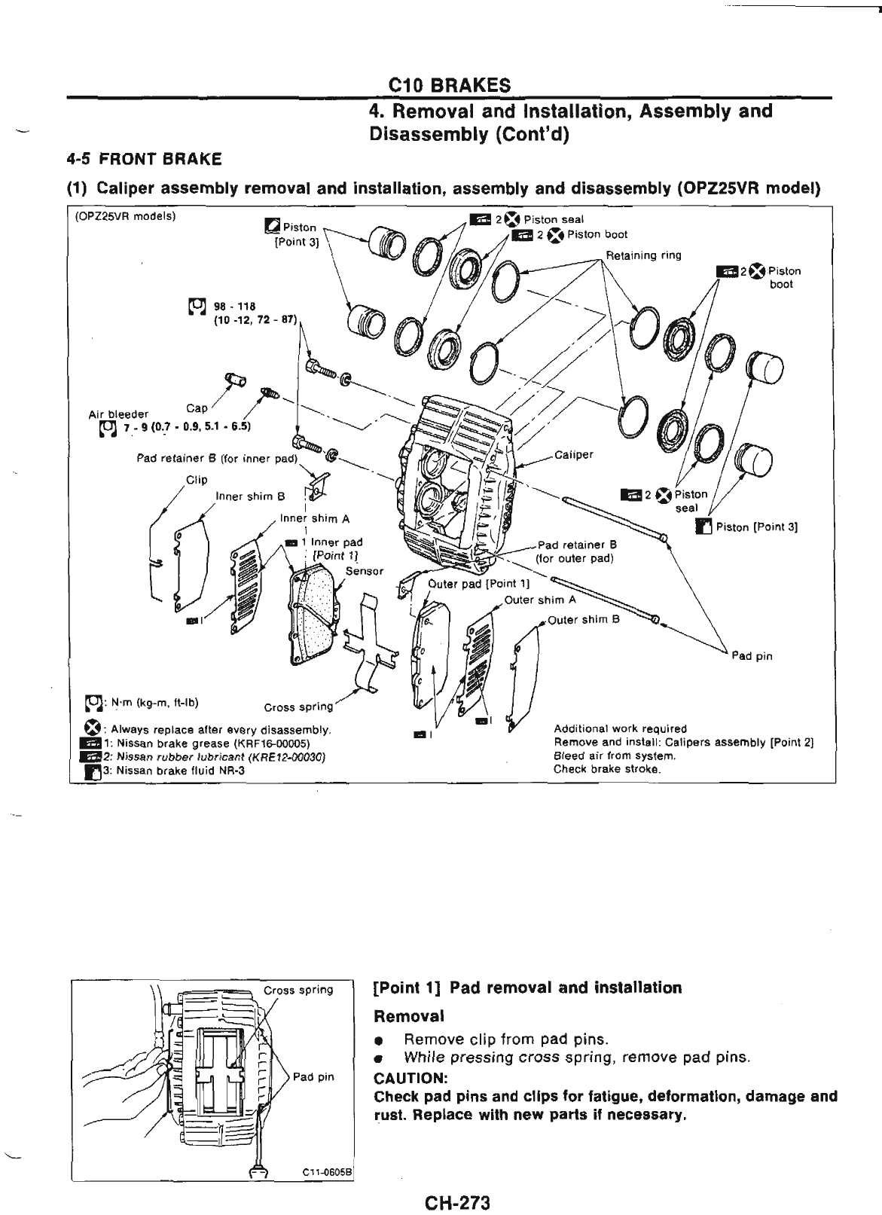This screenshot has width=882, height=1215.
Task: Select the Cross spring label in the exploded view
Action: click(x=298, y=707)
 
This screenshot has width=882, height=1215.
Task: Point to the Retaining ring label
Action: click(x=643, y=255)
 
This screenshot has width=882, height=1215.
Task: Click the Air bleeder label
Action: click(x=118, y=414)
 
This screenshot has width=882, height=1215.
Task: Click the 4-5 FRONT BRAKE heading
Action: click(x=144, y=159)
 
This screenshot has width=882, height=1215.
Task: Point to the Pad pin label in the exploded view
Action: click(x=752, y=656)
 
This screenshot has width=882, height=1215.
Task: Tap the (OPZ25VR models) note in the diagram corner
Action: click(x=125, y=216)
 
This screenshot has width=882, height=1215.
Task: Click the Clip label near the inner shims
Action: click(x=197, y=480)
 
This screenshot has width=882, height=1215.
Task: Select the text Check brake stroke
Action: click(x=607, y=769)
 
